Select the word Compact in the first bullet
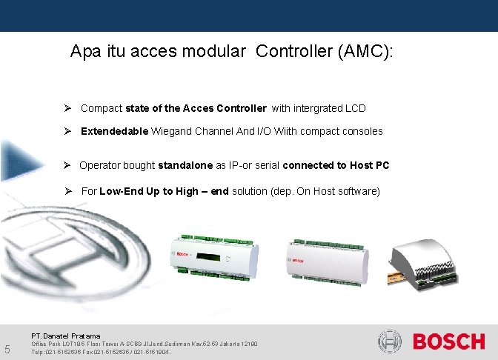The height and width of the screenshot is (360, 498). (x=102, y=108)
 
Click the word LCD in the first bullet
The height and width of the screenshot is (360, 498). (x=355, y=108)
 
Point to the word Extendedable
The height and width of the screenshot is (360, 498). (x=115, y=131)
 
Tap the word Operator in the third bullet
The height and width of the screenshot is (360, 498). (x=101, y=165)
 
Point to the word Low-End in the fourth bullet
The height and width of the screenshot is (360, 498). (x=120, y=191)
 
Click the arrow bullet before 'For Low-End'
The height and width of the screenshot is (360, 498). (x=67, y=191)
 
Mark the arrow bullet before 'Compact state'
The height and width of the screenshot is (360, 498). (x=67, y=108)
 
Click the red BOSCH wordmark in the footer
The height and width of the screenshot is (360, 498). (x=449, y=342)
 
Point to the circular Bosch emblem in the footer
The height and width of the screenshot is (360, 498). (x=390, y=342)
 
